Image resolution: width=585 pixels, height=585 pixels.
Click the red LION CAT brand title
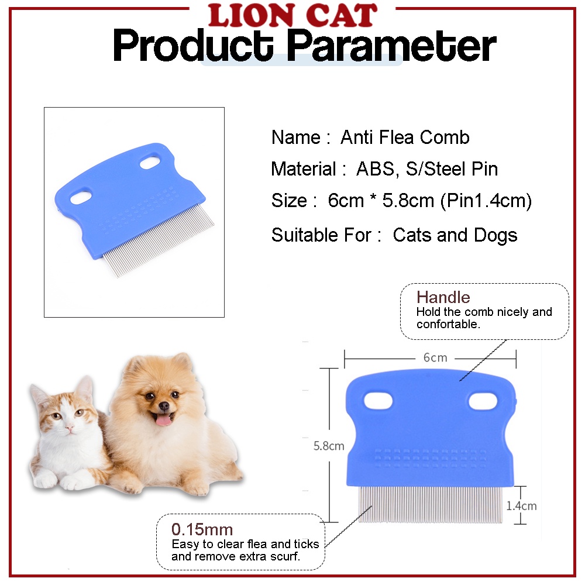293,15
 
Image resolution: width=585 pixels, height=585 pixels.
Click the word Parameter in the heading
391,46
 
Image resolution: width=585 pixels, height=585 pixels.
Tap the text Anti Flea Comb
405,137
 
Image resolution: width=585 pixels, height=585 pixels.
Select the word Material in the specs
304,169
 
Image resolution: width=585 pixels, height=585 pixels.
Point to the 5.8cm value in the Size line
408,201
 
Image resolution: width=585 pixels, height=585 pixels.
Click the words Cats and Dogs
455,235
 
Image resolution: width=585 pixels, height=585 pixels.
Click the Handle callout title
443,297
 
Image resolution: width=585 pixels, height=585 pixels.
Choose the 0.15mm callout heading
202,529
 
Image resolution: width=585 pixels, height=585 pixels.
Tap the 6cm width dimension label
435,358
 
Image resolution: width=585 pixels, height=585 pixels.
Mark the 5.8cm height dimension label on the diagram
329,446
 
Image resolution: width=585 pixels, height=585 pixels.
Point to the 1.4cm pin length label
521,506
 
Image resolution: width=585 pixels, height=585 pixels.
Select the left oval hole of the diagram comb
378,401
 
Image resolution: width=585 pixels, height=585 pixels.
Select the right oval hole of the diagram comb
483,402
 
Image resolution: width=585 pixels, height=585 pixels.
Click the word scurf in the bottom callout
286,556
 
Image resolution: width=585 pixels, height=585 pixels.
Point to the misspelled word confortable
448,324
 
